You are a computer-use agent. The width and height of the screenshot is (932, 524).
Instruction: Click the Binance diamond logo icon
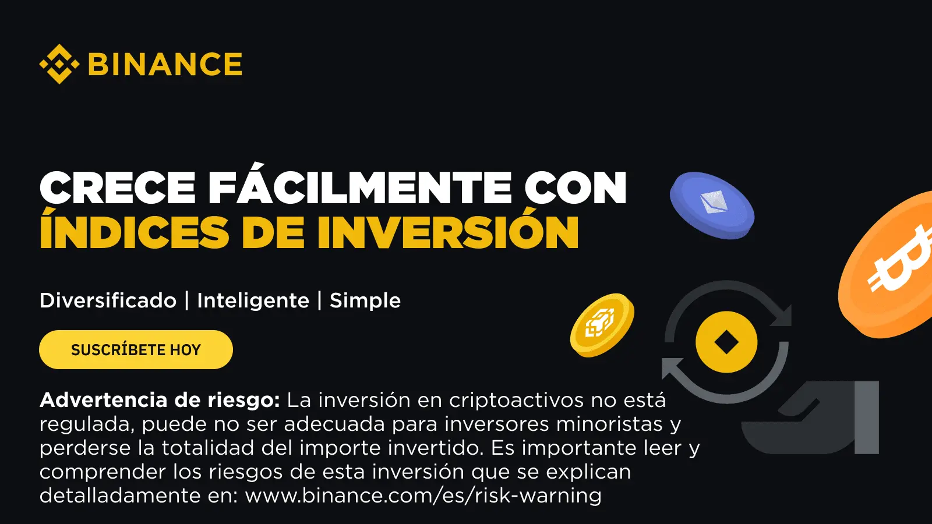point(59,64)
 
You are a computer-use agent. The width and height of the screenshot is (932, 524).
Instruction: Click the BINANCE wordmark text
point(165,64)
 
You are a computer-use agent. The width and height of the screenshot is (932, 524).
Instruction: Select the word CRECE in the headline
point(117,187)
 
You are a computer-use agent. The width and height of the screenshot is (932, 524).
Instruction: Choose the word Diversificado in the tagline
point(108,300)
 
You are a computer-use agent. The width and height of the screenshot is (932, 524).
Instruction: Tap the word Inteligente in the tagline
point(253,300)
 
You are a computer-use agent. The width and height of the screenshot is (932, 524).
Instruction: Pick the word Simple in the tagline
point(365,300)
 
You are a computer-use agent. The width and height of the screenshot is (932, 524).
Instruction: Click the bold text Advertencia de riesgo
point(160,400)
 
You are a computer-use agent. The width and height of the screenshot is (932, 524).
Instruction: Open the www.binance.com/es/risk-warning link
point(423,495)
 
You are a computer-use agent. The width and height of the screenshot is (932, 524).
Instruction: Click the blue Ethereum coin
point(712,206)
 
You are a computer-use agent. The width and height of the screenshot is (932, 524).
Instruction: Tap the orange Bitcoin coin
point(885,265)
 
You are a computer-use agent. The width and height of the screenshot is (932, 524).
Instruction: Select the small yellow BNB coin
point(602,325)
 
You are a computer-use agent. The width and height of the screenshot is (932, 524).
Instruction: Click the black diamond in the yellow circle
point(726,342)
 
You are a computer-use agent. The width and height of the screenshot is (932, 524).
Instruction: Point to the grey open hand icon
point(810,417)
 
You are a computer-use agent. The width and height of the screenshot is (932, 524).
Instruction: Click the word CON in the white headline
point(575,187)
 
